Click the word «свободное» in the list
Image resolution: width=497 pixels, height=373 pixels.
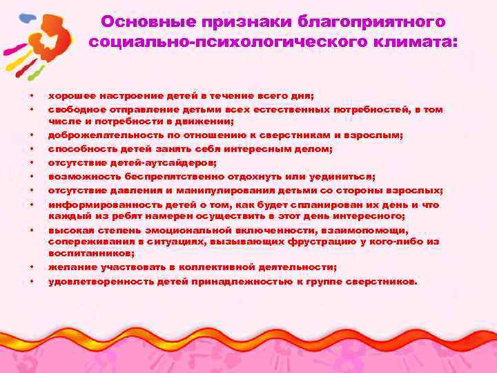75,109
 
